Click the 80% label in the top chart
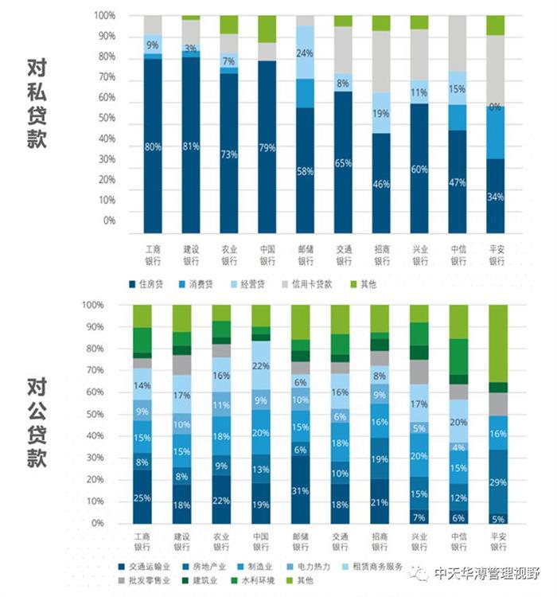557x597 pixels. pos(153,146)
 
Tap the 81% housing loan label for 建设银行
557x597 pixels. pos(191,146)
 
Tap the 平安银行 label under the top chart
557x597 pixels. pos(497,255)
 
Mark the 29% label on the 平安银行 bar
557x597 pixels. pos(497,482)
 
